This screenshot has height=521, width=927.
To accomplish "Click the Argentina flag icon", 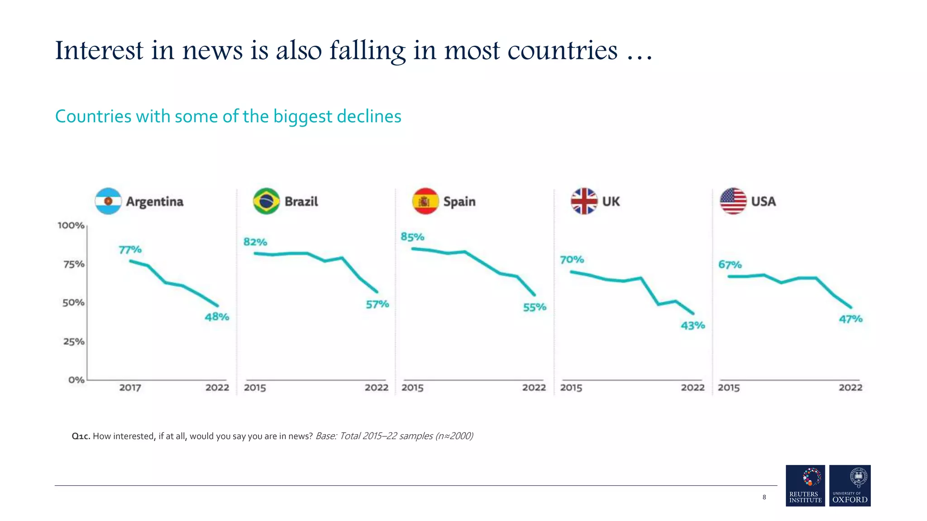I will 108,201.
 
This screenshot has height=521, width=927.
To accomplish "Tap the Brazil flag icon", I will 266,201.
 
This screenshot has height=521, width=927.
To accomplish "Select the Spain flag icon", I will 425,201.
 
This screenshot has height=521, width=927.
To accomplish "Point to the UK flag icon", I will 584,201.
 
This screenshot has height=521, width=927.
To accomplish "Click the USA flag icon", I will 733,201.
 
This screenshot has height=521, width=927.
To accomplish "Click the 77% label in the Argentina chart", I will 130,250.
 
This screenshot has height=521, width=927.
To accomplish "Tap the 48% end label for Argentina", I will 217,317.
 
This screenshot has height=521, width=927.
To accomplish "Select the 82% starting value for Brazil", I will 255,242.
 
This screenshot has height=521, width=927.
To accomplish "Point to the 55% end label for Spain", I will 535,308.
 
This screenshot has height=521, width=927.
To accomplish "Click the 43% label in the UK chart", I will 693,326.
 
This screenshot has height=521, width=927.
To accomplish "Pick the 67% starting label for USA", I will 730,265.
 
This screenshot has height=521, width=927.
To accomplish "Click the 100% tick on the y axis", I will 71,225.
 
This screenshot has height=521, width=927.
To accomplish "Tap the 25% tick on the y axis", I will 74,341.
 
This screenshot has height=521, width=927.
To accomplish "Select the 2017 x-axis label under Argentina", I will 130,388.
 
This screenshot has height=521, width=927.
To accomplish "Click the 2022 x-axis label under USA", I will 850,388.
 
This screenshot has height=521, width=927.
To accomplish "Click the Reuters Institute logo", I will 805,485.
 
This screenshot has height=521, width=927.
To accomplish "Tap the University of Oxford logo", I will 850,485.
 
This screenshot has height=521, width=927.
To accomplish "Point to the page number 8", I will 764,497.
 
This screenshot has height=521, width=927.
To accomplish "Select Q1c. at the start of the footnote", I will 81,436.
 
